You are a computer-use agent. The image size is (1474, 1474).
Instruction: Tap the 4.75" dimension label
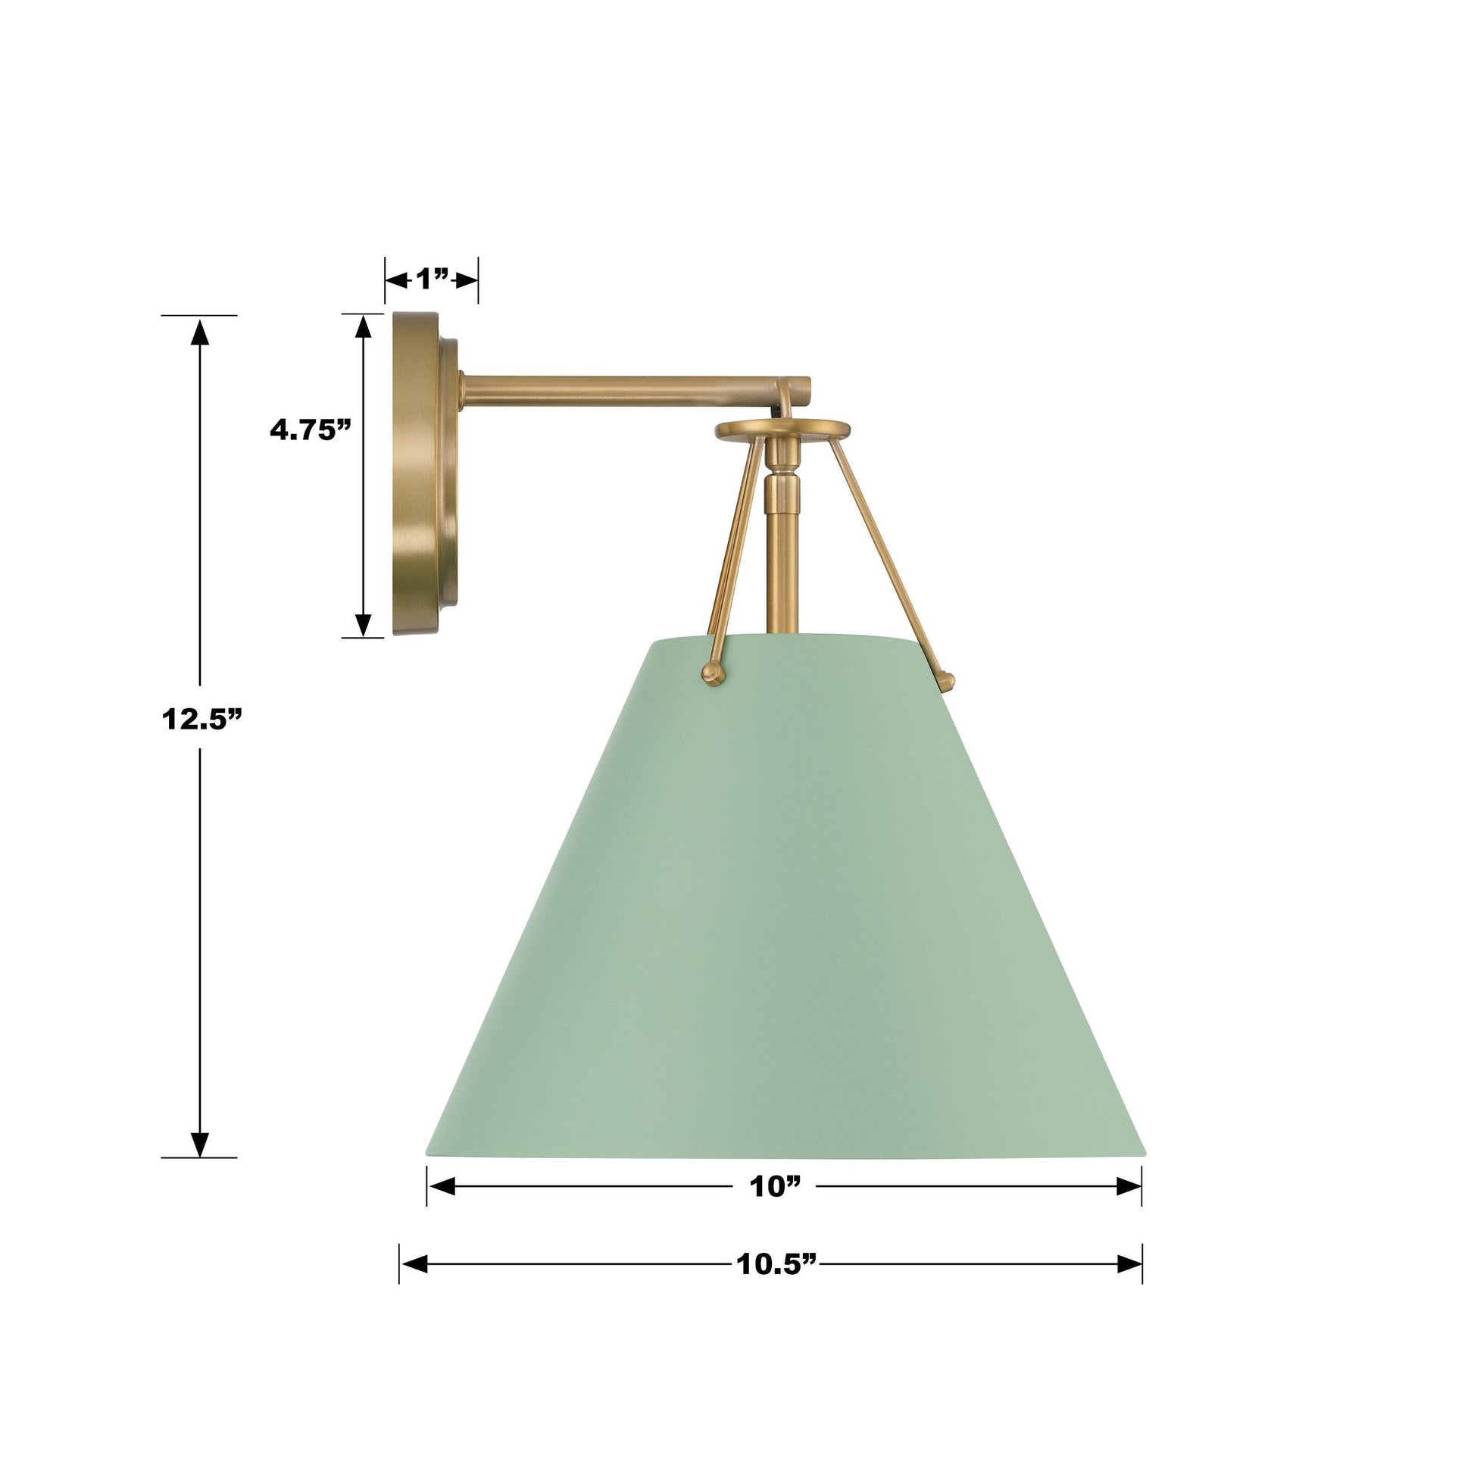311,430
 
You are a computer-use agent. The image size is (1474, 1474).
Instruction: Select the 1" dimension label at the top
432,280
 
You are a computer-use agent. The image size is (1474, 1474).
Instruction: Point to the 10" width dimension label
776,1186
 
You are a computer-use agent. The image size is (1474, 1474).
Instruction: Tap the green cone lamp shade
783,892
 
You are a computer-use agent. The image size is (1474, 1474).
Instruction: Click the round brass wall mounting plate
424,474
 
